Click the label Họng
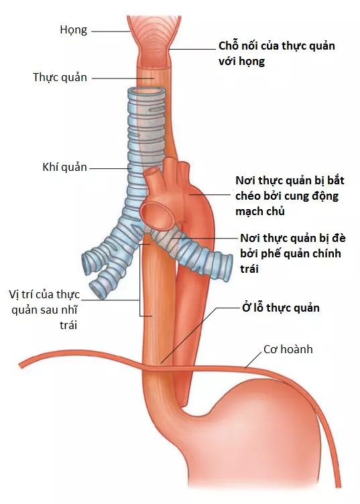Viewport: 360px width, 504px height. click(x=73, y=30)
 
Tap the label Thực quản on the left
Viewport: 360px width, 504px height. click(x=60, y=78)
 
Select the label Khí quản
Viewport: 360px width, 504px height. click(x=64, y=168)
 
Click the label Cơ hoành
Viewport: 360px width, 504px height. click(x=288, y=349)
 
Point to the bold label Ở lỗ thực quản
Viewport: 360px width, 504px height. click(x=281, y=308)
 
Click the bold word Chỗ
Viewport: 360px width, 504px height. click(x=229, y=46)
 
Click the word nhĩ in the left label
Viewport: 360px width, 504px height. click(x=70, y=310)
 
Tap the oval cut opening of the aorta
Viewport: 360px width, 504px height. click(x=157, y=214)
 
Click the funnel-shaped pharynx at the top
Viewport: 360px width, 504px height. click(x=153, y=39)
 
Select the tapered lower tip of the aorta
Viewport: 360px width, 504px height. click(x=186, y=402)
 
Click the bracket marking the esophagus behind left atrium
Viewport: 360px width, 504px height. click(x=140, y=280)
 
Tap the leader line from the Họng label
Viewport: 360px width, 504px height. click(x=110, y=31)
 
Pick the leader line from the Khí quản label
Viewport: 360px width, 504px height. click(x=110, y=168)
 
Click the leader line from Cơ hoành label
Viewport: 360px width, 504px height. click(x=253, y=359)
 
